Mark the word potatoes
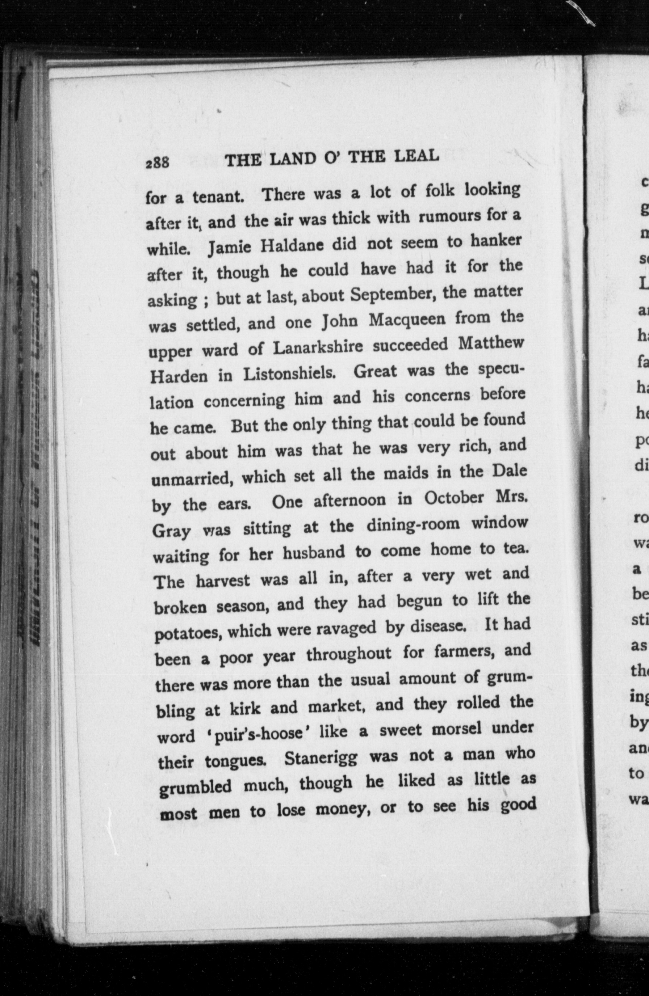tap(190, 633)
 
